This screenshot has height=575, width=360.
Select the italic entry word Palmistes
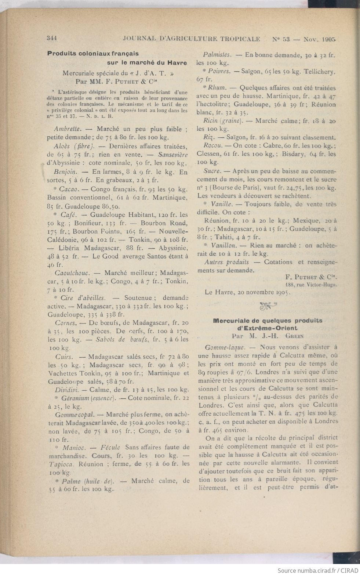(217, 55)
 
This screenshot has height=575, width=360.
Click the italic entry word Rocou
(212, 145)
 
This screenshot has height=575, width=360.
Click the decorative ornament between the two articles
(268, 304)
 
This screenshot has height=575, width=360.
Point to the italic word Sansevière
(173, 155)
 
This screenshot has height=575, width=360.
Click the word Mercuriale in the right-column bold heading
(232, 321)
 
